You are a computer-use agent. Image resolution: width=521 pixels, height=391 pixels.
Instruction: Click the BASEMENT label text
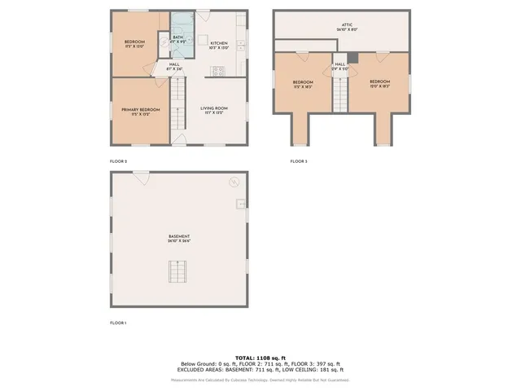(179, 239)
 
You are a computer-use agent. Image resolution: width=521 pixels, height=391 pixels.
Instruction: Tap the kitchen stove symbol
(217, 71)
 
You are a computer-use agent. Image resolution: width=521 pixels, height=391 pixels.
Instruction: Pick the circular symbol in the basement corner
(234, 182)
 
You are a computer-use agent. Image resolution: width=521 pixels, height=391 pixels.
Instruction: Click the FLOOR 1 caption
(118, 323)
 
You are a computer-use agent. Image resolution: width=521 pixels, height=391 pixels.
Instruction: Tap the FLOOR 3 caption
(299, 161)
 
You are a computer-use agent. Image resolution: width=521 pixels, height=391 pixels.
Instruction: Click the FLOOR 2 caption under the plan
(118, 161)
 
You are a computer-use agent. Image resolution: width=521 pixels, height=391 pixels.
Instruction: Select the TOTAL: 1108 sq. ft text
(260, 358)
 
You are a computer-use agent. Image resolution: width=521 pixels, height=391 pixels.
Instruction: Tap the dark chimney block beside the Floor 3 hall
(352, 59)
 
